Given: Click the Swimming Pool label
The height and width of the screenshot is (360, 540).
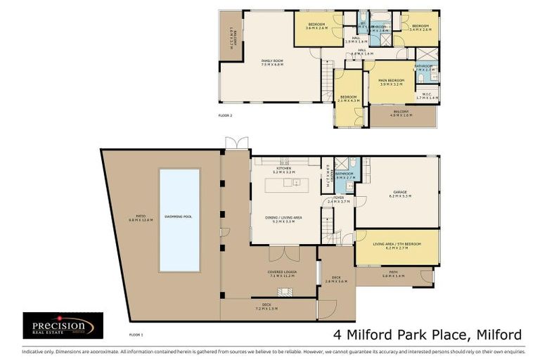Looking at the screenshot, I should (x=179, y=217).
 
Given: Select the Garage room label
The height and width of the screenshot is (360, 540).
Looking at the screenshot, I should (x=399, y=193).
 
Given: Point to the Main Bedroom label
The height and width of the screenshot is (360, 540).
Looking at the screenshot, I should (x=391, y=82).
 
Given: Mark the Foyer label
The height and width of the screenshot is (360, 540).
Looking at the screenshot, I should (x=339, y=200).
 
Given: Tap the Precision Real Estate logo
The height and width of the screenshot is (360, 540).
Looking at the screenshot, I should (x=63, y=326).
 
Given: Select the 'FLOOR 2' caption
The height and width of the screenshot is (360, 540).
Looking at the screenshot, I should (x=225, y=113).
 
